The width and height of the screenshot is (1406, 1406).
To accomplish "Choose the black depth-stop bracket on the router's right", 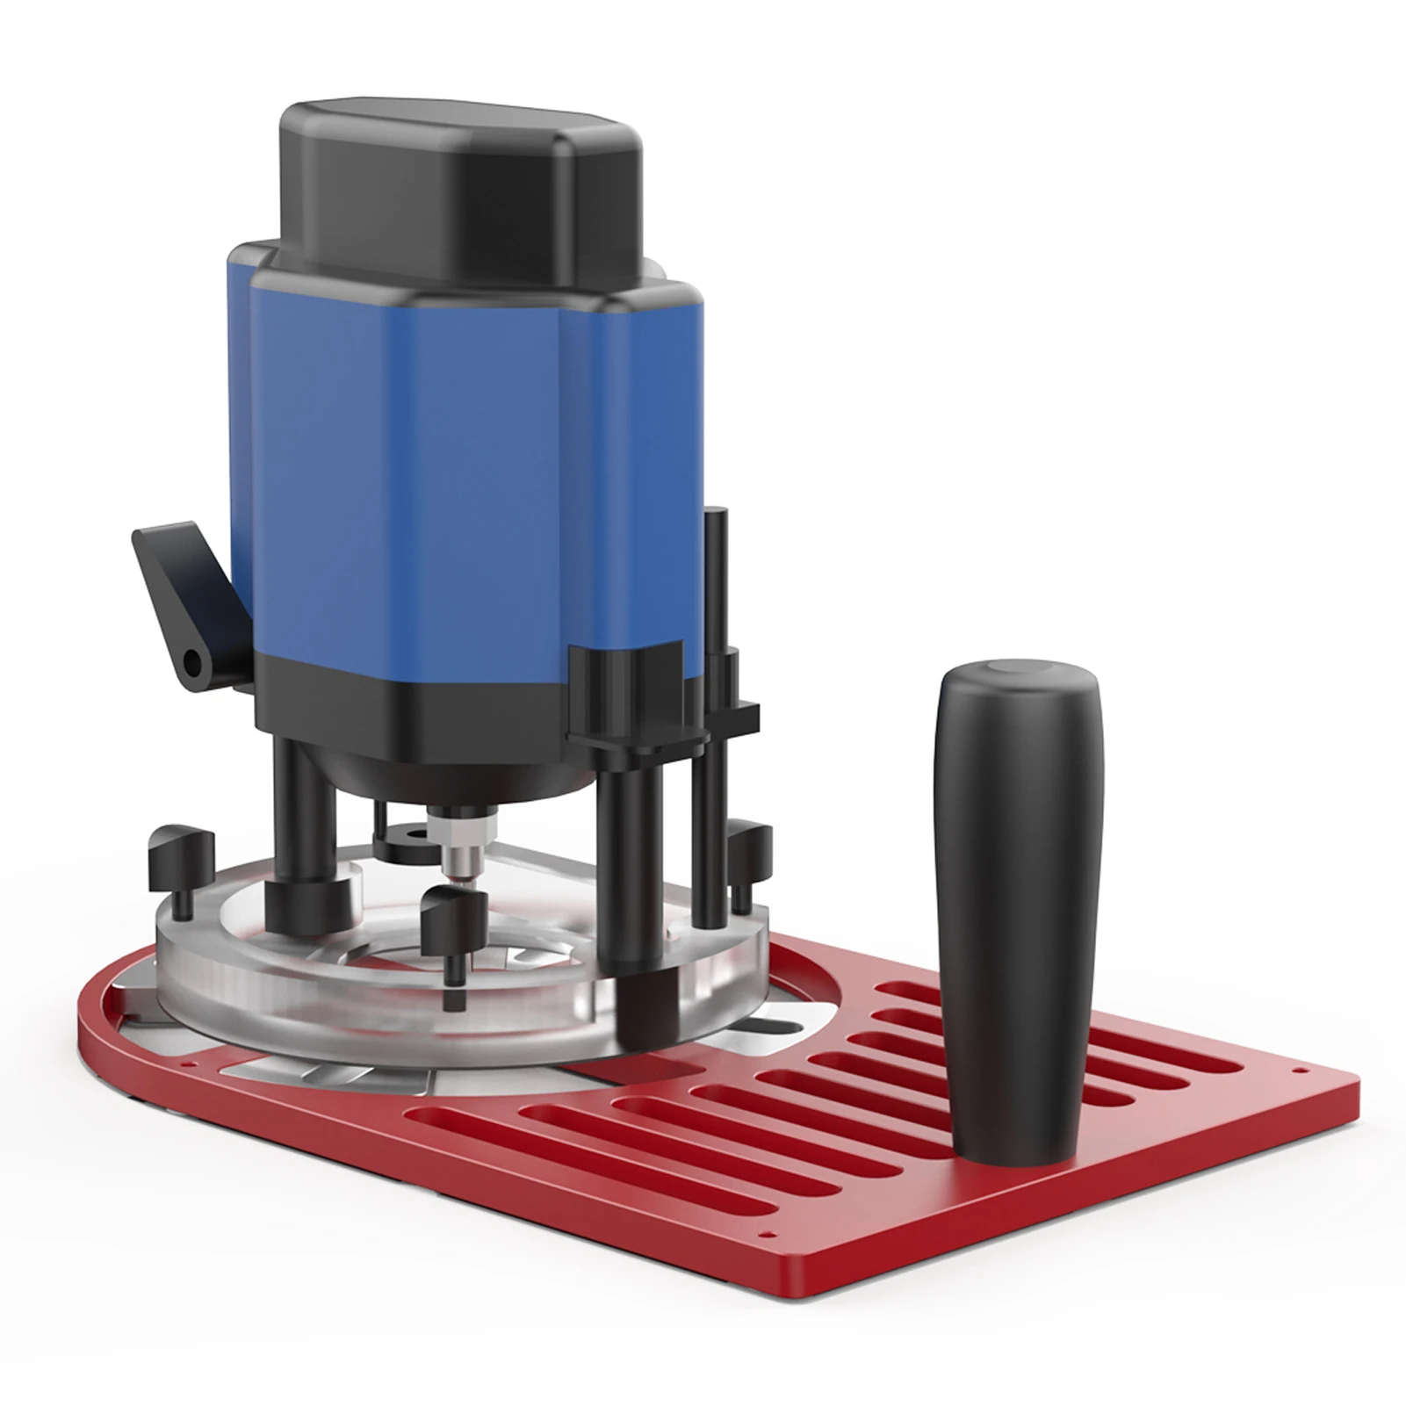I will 632,694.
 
